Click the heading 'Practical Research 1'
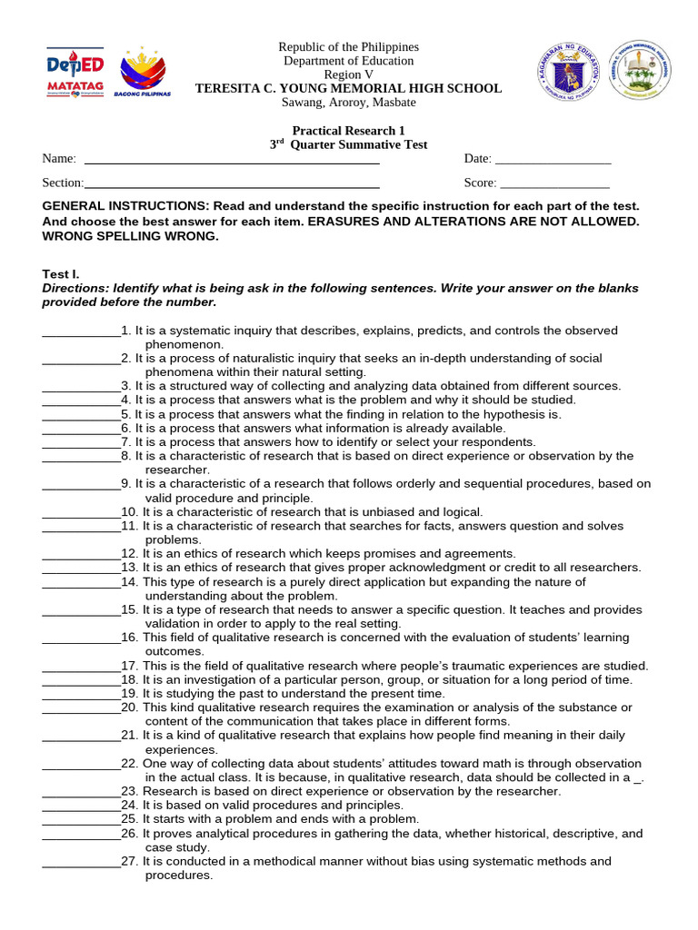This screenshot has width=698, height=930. tap(348, 131)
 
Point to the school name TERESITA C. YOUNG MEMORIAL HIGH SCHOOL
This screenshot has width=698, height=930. tap(348, 88)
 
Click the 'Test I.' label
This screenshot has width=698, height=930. tap(62, 273)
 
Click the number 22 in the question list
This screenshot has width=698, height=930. tap(129, 763)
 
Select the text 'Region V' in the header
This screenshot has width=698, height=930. tap(348, 74)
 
